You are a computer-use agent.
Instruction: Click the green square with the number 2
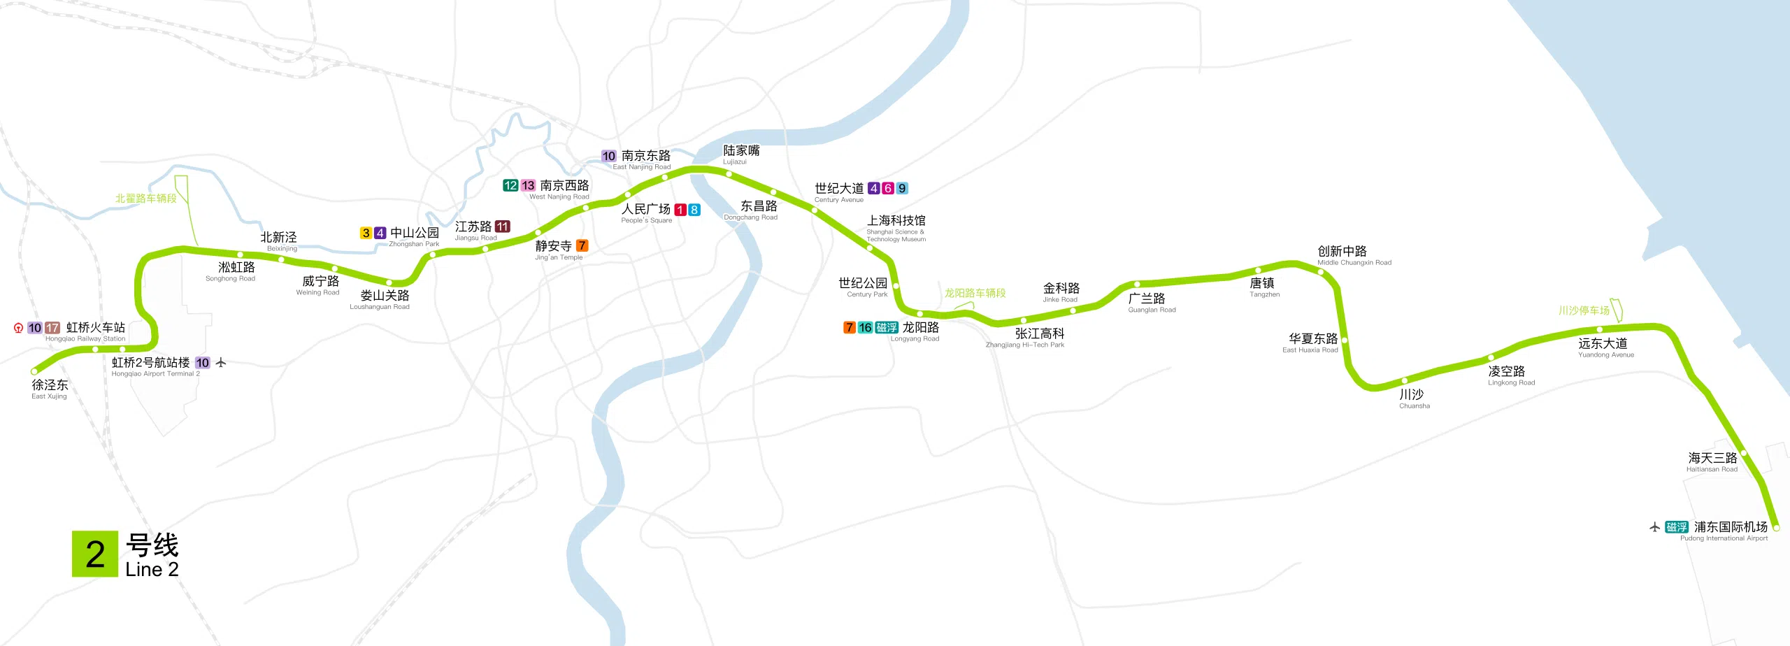pos(94,554)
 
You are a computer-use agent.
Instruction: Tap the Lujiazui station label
pos(740,154)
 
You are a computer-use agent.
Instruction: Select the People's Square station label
pos(646,212)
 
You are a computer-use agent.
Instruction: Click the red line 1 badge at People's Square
pos(680,210)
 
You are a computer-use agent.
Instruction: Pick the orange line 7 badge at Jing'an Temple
pos(582,245)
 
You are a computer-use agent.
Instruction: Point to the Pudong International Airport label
pos(1730,530)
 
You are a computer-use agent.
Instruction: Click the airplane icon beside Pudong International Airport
pos(1654,527)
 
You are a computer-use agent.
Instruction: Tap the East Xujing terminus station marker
pos(35,371)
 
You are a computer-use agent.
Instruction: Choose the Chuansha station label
pos(1412,398)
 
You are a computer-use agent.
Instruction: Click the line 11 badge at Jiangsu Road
pos(503,227)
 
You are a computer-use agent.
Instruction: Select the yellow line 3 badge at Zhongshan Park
pos(366,233)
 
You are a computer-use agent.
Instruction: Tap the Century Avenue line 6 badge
pos(888,188)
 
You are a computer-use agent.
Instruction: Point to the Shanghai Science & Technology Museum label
pos(896,227)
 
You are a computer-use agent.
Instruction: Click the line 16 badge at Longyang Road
pos(865,327)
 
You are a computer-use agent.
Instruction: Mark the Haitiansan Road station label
pos(1712,461)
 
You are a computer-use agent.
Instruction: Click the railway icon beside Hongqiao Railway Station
pos(18,328)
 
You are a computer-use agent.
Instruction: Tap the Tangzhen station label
pos(1263,286)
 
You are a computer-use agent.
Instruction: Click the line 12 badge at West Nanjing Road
pos(510,185)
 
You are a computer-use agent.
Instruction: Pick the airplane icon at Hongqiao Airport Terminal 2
pos(221,362)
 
